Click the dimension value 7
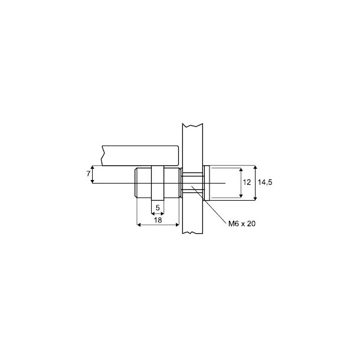(x=89, y=174)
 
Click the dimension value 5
(x=158, y=208)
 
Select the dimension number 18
(x=158, y=220)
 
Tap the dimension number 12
(x=247, y=182)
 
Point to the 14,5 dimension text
(x=265, y=182)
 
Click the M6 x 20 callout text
(x=242, y=224)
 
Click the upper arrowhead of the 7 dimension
(x=93, y=167)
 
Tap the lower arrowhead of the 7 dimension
(x=93, y=181)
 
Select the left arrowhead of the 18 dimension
(x=139, y=225)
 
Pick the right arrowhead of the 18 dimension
(x=177, y=225)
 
